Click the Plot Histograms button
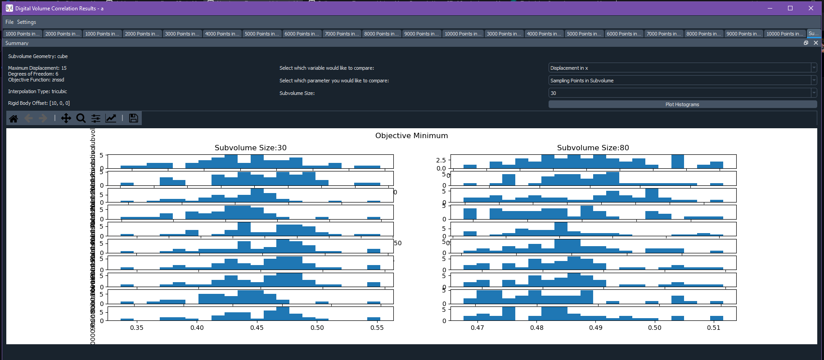tap(682, 104)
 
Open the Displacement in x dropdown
tap(682, 68)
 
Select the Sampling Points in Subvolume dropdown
tap(682, 81)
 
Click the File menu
tap(9, 22)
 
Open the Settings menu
tap(27, 22)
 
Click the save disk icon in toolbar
tap(133, 118)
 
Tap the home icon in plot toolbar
tap(14, 118)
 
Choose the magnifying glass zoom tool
tap(81, 118)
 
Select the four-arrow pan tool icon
tap(66, 118)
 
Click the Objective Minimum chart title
tap(411, 135)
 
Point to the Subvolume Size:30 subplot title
tap(250, 148)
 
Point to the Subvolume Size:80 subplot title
tap(593, 148)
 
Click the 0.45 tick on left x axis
tap(257, 328)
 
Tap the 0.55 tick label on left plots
tap(377, 328)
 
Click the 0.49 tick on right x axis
tap(596, 328)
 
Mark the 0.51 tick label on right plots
tap(714, 328)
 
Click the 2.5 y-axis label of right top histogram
tap(441, 160)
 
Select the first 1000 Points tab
tap(23, 34)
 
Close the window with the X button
tap(811, 8)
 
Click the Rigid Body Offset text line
tap(39, 103)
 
